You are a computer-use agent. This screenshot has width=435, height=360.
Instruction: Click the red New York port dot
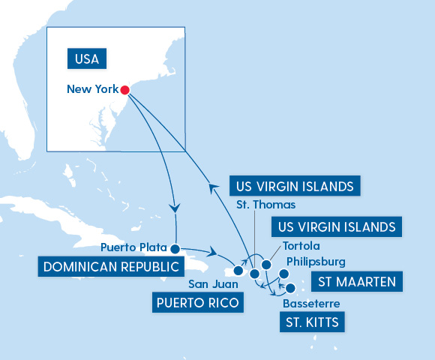(x=124, y=90)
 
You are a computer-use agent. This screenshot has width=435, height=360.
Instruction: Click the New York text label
(x=92, y=89)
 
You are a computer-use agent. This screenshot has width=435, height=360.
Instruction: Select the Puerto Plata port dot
(x=175, y=248)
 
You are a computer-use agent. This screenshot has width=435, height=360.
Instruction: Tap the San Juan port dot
(x=238, y=271)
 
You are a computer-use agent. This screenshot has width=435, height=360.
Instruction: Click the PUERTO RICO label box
(x=198, y=303)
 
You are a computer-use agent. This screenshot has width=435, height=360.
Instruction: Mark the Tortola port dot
(x=265, y=265)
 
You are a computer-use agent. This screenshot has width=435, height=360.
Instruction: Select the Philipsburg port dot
(x=283, y=274)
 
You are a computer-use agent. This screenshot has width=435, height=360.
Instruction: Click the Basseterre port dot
(x=290, y=286)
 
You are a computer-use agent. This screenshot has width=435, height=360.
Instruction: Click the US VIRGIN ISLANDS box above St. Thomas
(x=293, y=185)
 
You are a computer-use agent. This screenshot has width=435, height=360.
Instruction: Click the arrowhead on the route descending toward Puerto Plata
(x=175, y=207)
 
